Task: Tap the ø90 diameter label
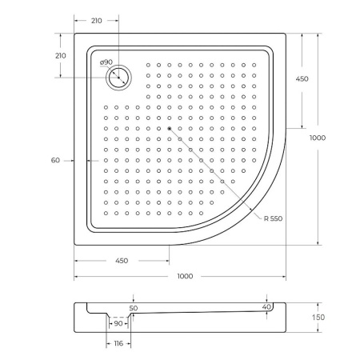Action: (x=106, y=62)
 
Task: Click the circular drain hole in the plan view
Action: (x=119, y=78)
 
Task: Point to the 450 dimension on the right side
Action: (x=302, y=79)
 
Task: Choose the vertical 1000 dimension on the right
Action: (x=318, y=138)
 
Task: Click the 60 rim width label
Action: (x=55, y=161)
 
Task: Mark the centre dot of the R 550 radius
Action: (x=169, y=127)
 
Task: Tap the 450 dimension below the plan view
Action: (x=122, y=261)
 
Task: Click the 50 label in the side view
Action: (x=133, y=307)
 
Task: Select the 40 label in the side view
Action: (x=266, y=306)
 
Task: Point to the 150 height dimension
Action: (x=318, y=318)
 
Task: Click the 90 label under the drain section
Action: (x=118, y=323)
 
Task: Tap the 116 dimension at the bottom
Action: (x=118, y=343)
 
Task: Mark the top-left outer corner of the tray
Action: (x=76, y=34)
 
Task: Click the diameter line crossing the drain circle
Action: (x=120, y=78)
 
